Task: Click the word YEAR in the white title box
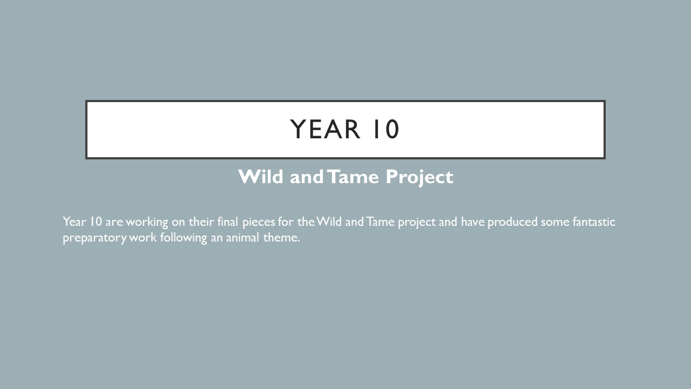tap(325, 129)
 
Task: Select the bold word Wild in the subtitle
tap(261, 177)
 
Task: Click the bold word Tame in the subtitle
tap(353, 177)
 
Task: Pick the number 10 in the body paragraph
tap(96, 222)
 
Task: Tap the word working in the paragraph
tap(147, 222)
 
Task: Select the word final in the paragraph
tap(228, 222)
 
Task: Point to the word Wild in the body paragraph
tap(329, 222)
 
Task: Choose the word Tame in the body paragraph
tap(381, 222)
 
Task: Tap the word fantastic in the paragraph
tap(594, 222)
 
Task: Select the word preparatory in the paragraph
tap(94, 238)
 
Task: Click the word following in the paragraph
tap(184, 238)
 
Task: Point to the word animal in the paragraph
tap(242, 237)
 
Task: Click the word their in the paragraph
tap(201, 222)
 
